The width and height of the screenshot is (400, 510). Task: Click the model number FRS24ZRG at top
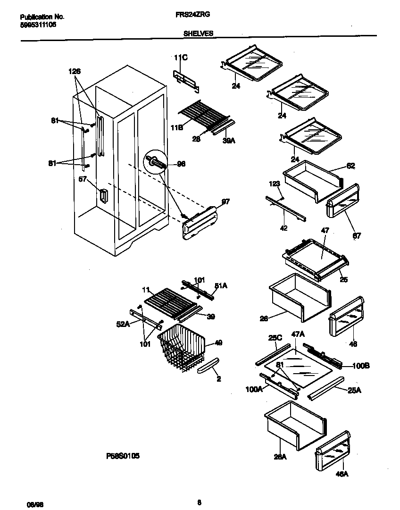click(196, 15)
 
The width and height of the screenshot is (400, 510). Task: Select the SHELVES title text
click(198, 33)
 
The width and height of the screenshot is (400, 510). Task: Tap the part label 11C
click(181, 58)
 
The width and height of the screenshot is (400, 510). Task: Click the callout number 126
click(75, 71)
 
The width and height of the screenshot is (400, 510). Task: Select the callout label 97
click(225, 201)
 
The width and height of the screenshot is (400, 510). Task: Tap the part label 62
click(350, 166)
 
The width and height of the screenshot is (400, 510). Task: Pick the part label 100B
click(349, 366)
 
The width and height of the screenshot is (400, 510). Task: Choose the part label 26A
click(281, 456)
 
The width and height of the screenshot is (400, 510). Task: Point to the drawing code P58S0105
click(123, 456)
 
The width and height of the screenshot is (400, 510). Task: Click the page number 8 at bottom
click(200, 502)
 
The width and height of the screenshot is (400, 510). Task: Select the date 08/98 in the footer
click(28, 504)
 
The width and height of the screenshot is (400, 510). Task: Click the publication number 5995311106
click(39, 24)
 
